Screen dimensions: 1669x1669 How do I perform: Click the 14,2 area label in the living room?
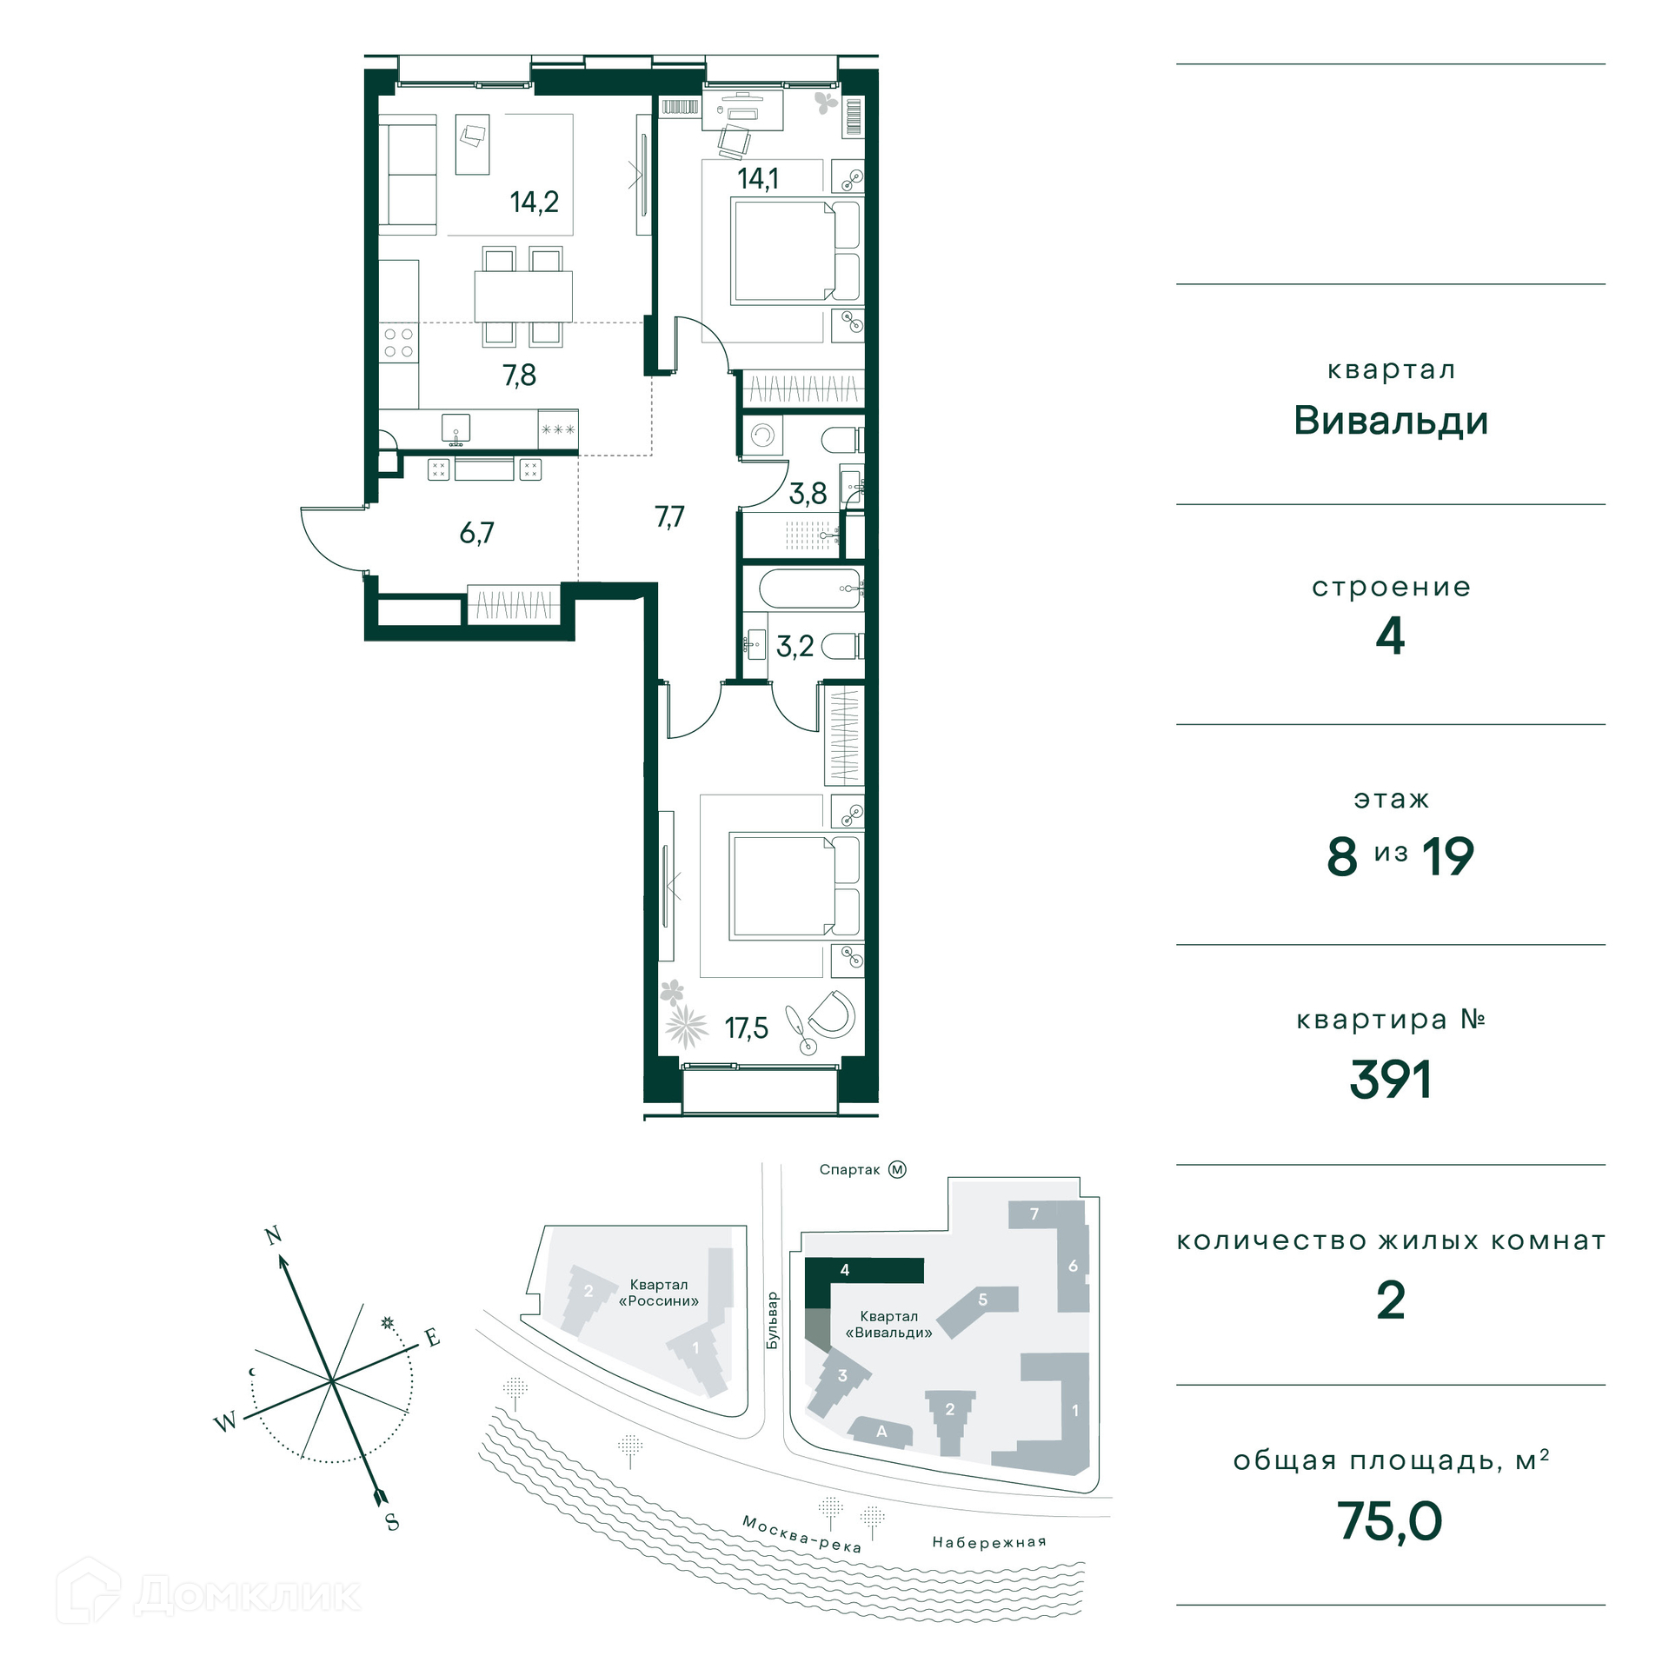(534, 203)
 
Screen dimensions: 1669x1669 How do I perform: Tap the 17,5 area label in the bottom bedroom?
(747, 1028)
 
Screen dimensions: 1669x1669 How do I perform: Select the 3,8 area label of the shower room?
(808, 494)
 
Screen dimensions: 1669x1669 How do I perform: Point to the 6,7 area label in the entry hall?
(476, 532)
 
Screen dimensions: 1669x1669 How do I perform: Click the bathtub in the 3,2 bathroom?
(810, 588)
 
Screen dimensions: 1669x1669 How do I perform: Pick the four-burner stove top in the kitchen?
(399, 342)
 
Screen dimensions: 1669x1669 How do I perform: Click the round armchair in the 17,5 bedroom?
(832, 1014)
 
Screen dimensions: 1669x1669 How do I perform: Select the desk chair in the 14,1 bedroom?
(735, 141)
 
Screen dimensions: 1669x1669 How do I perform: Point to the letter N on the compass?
(274, 1235)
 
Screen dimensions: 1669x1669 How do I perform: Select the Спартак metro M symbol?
(897, 1169)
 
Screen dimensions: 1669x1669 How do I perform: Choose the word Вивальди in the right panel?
(1391, 422)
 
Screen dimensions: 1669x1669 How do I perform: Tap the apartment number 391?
(1390, 1080)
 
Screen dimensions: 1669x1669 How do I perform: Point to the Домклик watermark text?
(248, 1595)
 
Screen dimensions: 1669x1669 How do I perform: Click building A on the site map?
(881, 1432)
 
